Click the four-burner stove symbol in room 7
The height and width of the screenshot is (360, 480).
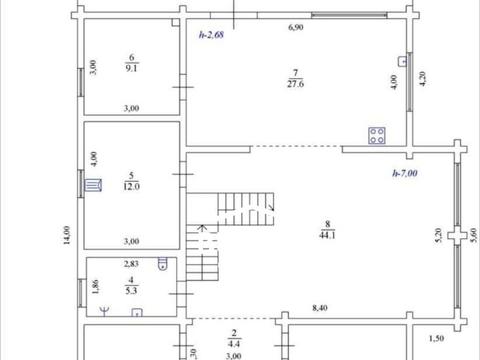point(377,136)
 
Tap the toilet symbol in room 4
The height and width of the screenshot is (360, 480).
point(162,263)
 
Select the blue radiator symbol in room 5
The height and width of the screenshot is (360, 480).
point(93,185)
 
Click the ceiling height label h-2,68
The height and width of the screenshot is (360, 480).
point(211,35)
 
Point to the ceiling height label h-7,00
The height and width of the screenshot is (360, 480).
point(405,173)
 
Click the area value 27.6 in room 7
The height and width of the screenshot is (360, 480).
point(295,84)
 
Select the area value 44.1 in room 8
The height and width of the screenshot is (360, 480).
point(327,235)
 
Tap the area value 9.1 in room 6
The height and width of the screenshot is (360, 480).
point(131,68)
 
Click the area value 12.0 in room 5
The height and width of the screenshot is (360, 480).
point(131,186)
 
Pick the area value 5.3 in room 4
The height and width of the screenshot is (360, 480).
point(131,291)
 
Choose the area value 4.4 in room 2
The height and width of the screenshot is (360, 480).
point(234,344)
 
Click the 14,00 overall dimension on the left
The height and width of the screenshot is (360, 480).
point(67,235)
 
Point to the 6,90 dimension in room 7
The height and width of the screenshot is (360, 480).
point(296,27)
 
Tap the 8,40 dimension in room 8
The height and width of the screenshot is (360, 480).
point(320,308)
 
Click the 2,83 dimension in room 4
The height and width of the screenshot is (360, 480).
point(131,264)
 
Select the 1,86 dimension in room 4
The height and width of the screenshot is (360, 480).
point(95,287)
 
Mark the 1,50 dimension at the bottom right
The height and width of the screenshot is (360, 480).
point(436,338)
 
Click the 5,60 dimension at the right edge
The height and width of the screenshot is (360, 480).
point(473,235)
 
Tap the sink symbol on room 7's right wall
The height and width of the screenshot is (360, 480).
point(403,61)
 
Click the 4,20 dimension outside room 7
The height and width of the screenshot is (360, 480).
point(422,79)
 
